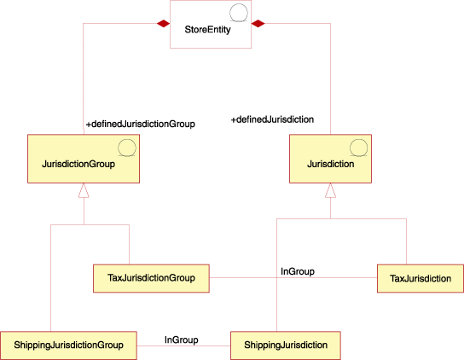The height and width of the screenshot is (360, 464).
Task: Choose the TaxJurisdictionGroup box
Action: pyautogui.click(x=151, y=278)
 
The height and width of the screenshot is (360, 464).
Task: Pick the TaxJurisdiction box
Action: pyautogui.click(x=420, y=278)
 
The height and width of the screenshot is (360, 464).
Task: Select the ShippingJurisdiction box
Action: pyautogui.click(x=286, y=345)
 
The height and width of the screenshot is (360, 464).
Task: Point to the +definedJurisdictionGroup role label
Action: pyautogui.click(x=141, y=125)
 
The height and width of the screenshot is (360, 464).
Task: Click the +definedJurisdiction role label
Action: pyautogui.click(x=272, y=120)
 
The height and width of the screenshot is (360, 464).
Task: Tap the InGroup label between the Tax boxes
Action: pyautogui.click(x=298, y=271)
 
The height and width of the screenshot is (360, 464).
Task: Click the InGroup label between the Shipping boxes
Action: pyautogui.click(x=181, y=340)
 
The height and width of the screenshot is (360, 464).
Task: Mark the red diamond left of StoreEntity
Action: pyautogui.click(x=160, y=23)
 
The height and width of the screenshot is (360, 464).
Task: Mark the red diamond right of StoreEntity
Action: pyautogui.click(x=261, y=23)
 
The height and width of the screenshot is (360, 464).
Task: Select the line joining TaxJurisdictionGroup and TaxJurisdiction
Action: pyautogui.click(x=256, y=278)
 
